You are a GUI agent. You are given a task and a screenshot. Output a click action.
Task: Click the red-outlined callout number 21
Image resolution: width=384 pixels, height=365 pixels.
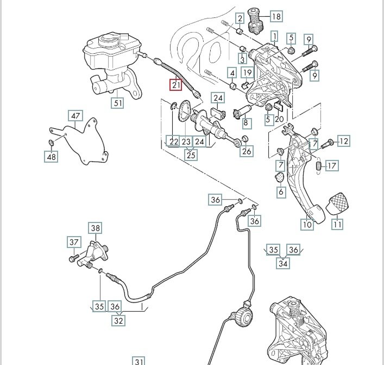[x=175, y=85]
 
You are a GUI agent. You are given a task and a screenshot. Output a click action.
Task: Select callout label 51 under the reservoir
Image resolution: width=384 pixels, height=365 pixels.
[x=118, y=102]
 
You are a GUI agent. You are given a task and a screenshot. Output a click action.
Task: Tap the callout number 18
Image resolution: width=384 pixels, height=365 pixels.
[x=276, y=16]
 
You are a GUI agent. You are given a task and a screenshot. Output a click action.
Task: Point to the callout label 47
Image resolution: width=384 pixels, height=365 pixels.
[x=75, y=115]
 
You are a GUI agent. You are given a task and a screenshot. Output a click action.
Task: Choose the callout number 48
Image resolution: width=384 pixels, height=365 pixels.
[x=51, y=157]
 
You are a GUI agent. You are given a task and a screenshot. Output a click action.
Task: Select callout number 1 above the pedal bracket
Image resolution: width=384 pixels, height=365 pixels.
[x=274, y=36]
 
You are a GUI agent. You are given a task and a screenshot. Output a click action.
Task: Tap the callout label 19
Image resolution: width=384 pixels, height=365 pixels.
[x=247, y=72]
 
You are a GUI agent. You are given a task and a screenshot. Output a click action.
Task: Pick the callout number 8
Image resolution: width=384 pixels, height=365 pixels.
[x=246, y=123]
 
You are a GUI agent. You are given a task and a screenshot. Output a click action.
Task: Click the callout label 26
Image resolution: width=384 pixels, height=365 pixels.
[x=246, y=151]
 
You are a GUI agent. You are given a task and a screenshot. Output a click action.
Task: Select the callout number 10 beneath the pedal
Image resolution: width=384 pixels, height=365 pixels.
[x=307, y=224]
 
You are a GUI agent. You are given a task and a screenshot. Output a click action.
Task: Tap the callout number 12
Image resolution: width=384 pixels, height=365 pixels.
[x=343, y=141]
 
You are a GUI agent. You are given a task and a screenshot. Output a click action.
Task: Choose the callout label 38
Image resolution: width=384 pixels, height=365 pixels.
[x=96, y=228]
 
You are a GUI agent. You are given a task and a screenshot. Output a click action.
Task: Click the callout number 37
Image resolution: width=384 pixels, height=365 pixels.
[x=74, y=242]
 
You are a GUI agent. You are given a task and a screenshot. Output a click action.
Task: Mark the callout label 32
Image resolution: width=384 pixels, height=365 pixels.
[x=118, y=320]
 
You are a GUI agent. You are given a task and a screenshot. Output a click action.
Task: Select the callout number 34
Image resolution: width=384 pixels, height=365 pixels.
[x=283, y=264]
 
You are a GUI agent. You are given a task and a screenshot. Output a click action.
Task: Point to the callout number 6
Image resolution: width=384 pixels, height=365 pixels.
[x=281, y=191]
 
